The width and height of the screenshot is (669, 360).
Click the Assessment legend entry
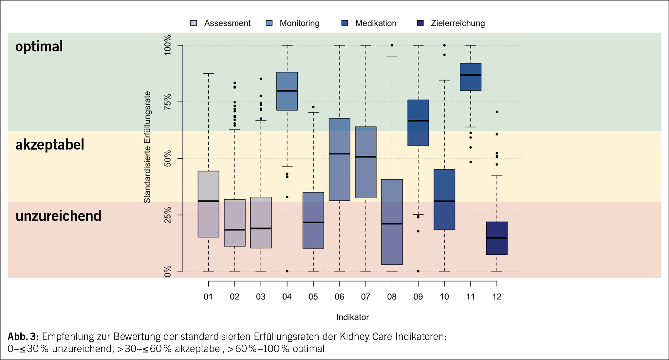tap(220, 23)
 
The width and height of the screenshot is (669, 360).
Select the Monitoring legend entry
tap(293, 23)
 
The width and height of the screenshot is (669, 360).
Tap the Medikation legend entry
tap(369, 23)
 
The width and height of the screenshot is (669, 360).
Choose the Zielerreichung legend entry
tap(451, 23)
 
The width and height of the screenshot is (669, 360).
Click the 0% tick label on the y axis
tap(168, 271)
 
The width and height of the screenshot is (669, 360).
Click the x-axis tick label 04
tap(287, 297)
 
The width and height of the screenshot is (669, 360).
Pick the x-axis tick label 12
tap(497, 297)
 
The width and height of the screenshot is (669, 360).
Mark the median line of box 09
tap(418, 121)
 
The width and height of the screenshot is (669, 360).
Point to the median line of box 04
tap(287, 91)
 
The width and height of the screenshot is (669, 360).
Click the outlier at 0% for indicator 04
tap(287, 271)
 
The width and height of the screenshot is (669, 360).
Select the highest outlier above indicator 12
tap(497, 112)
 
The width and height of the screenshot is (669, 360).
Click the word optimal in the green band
tap(39, 46)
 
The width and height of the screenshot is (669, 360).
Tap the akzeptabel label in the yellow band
tap(50, 145)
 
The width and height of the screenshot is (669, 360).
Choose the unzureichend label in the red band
tap(58, 216)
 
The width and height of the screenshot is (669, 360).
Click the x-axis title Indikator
tap(352, 317)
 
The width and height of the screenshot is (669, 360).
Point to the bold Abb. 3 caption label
tap(23, 336)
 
